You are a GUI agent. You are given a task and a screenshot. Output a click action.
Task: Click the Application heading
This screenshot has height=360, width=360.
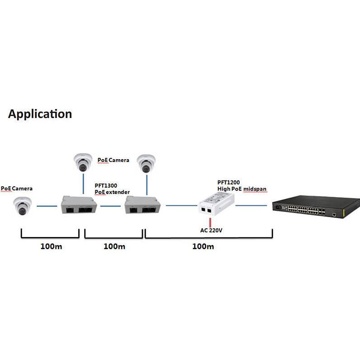pos(40,114)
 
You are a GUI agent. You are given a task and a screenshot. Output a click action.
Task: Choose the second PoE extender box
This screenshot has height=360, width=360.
pos(142,206)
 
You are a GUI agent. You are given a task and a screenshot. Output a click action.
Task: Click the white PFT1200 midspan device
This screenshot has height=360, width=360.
pos(216,203)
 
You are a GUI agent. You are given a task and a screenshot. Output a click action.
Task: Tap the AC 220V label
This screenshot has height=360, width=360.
pos(212,230)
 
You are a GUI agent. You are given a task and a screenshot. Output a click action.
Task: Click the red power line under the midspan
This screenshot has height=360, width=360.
pos(210,222)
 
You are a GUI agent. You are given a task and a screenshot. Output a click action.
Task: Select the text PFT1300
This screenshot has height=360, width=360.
pos(106,186)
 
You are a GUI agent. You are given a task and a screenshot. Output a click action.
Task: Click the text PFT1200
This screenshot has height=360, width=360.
pos(229,183)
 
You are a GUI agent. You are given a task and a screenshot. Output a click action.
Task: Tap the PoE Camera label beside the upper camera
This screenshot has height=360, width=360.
pos(113,160)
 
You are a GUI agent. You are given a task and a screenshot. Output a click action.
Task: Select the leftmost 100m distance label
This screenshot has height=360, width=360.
pos(51,246)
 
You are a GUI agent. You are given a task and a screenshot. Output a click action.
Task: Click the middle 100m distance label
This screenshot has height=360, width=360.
pos(114,246)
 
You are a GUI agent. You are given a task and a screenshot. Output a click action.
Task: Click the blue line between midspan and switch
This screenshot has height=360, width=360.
pos(251,206)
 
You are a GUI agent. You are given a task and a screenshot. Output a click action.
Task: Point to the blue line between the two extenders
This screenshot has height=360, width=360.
pos(111,206)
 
